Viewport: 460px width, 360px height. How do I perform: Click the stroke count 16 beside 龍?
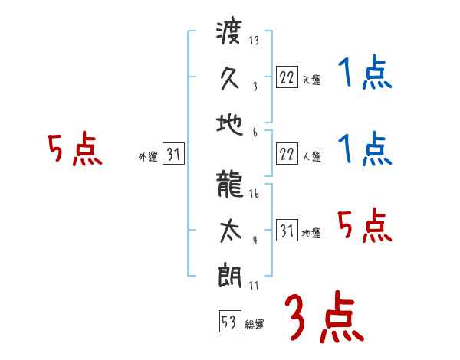point(255,195)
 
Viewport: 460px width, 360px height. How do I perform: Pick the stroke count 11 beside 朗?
point(255,286)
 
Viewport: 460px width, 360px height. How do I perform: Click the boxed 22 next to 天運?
point(287,77)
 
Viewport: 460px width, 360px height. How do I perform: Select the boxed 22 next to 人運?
point(287,154)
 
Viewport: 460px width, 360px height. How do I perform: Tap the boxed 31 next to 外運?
point(173,154)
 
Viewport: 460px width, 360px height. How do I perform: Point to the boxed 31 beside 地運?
point(287,231)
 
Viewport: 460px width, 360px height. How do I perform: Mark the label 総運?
point(255,325)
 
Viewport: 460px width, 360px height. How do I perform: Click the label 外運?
point(148,156)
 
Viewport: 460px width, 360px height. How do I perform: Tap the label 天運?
point(311,80)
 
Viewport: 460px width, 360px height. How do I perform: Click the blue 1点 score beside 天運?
point(365,74)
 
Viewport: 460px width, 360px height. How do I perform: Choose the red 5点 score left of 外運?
point(74,149)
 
